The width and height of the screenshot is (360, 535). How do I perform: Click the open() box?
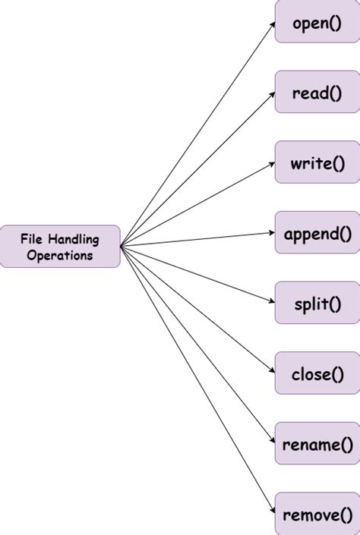pos(317,23)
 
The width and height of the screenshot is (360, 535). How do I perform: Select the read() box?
pos(317,93)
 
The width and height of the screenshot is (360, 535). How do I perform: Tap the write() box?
pos(317,162)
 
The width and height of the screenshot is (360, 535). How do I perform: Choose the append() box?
pos(317,233)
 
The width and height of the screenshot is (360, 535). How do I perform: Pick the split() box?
pos(317,303)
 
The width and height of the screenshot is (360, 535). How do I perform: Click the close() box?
pos(317,373)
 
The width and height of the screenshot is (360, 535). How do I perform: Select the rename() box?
pos(317,443)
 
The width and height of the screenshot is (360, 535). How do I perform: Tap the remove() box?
pos(317,514)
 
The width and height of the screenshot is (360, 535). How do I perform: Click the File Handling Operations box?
pos(60,247)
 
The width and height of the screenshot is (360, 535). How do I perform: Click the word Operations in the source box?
pos(60,255)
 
